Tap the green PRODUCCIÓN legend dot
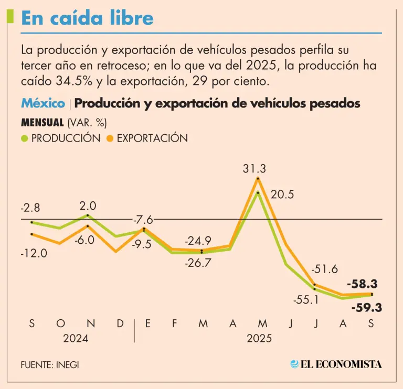click(x=25, y=138)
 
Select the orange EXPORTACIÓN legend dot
click(x=110, y=138)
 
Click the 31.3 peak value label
click(x=254, y=168)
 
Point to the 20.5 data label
click(x=282, y=195)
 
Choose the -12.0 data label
click(x=34, y=253)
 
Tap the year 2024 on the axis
click(x=76, y=339)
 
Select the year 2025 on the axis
click(x=259, y=339)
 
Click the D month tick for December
click(x=120, y=324)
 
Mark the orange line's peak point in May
click(x=258, y=179)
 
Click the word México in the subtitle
click(x=43, y=104)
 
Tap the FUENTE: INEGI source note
click(x=50, y=364)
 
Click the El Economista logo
click(x=336, y=364)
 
